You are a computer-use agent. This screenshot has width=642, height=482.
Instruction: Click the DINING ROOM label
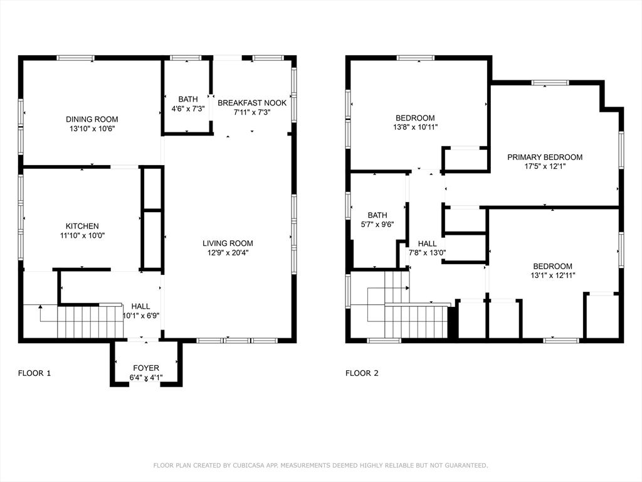click(x=92, y=119)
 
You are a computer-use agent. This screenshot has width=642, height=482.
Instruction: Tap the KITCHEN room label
click(x=82, y=226)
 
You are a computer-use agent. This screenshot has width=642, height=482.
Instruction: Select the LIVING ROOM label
click(x=228, y=243)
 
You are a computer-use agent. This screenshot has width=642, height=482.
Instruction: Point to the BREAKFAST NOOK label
click(x=252, y=103)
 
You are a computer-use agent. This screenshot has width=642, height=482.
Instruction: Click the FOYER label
click(x=145, y=368)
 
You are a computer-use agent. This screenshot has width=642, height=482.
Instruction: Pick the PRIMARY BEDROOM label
click(x=545, y=157)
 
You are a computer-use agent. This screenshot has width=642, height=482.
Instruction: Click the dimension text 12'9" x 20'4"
click(x=228, y=253)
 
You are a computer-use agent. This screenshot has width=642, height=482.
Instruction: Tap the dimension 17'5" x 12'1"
click(x=545, y=166)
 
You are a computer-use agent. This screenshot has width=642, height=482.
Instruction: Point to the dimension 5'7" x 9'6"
click(x=377, y=225)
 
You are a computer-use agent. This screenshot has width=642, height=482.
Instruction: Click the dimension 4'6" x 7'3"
click(x=188, y=109)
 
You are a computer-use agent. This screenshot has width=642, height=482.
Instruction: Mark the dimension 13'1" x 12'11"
click(x=553, y=276)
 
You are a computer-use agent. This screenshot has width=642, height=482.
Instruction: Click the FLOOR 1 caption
click(x=34, y=373)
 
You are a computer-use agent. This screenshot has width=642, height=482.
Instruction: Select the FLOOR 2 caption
click(x=362, y=373)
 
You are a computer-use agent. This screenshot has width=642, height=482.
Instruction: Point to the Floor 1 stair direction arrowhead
click(x=40, y=306)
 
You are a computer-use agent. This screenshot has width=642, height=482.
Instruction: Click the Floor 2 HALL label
click(x=427, y=244)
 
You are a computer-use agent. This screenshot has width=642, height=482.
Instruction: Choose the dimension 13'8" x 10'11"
click(x=415, y=127)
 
